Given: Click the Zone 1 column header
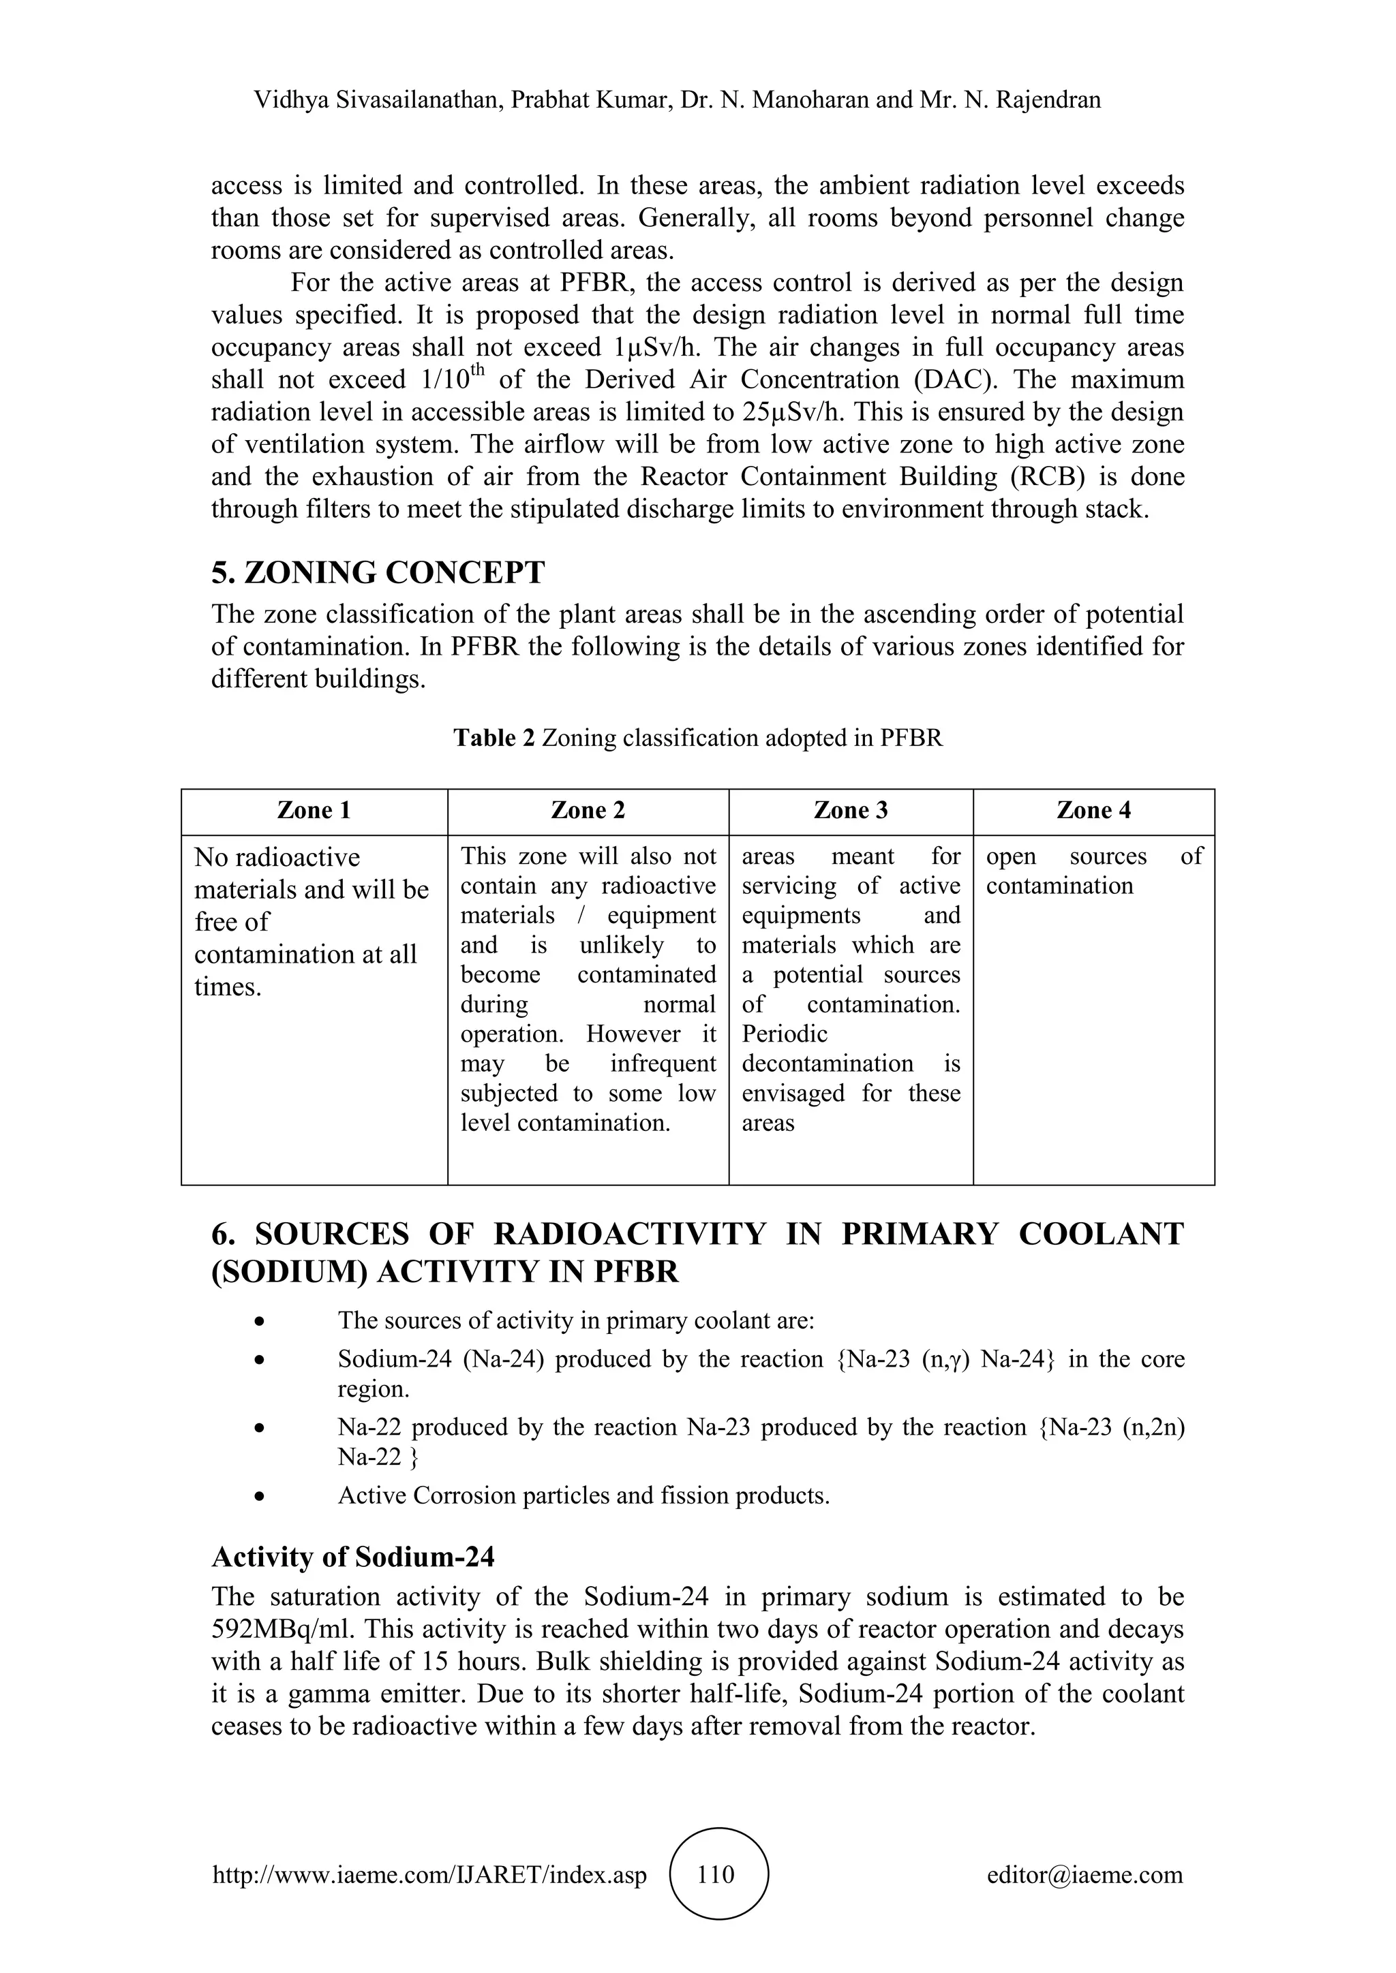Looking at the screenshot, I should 314,810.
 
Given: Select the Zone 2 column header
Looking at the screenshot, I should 588,810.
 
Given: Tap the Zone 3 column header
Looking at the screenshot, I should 850,810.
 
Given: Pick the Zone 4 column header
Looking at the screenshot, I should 1093,810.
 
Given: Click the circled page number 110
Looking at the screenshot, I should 717,1874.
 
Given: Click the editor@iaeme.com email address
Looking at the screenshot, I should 1084,1874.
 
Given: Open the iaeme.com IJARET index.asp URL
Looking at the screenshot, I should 430,1874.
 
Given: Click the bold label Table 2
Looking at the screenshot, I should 494,738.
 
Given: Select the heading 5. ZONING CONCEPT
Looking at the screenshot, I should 378,572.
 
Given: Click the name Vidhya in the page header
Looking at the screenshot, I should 292,101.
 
